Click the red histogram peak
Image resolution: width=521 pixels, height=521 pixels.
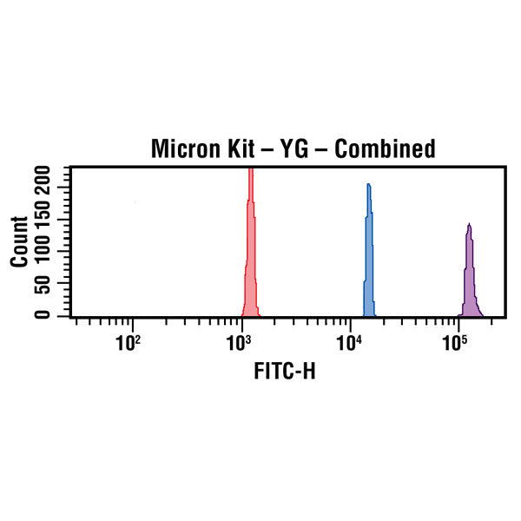pyautogui.click(x=250, y=174)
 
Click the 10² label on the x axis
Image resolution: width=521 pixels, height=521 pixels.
pyautogui.click(x=130, y=343)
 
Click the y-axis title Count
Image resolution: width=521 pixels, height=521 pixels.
pyautogui.click(x=19, y=241)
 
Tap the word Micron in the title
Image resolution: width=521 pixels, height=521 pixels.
pyautogui.click(x=183, y=148)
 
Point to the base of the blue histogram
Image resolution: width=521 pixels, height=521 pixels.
pyautogui.click(x=368, y=313)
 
